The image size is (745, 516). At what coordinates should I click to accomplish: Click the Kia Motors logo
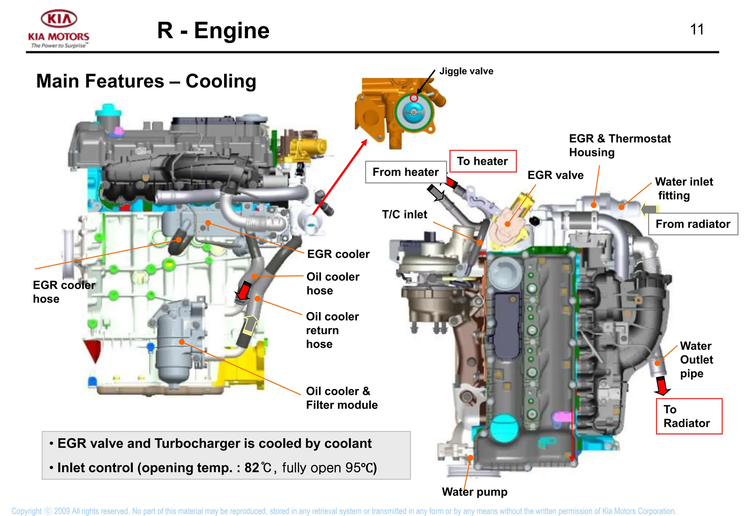(59, 28)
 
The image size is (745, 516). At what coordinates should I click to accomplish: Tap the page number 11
(697, 29)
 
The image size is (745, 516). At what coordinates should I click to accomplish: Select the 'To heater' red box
(483, 161)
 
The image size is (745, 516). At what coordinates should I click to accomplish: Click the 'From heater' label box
(406, 172)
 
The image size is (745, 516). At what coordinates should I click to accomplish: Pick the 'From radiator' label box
(693, 224)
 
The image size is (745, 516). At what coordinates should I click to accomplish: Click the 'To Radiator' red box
(689, 416)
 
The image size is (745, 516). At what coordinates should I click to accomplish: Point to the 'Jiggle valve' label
(466, 71)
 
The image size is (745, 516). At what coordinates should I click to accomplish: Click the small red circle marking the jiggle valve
(414, 98)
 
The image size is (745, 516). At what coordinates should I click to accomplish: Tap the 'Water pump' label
(474, 492)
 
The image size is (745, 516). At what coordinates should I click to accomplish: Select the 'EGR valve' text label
(555, 175)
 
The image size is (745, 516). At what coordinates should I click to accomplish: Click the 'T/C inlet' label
(404, 214)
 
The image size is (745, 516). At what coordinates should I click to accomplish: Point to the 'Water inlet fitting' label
(684, 188)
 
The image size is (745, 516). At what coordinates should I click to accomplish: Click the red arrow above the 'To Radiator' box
(662, 386)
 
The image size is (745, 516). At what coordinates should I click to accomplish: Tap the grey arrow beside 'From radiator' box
(650, 209)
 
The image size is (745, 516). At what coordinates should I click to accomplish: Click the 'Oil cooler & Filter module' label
(341, 398)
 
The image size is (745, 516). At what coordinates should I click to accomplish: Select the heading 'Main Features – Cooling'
(146, 81)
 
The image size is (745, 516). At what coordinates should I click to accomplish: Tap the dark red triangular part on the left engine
(93, 349)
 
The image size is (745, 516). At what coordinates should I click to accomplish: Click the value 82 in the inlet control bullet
(251, 468)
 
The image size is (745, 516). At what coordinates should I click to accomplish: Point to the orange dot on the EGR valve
(508, 224)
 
